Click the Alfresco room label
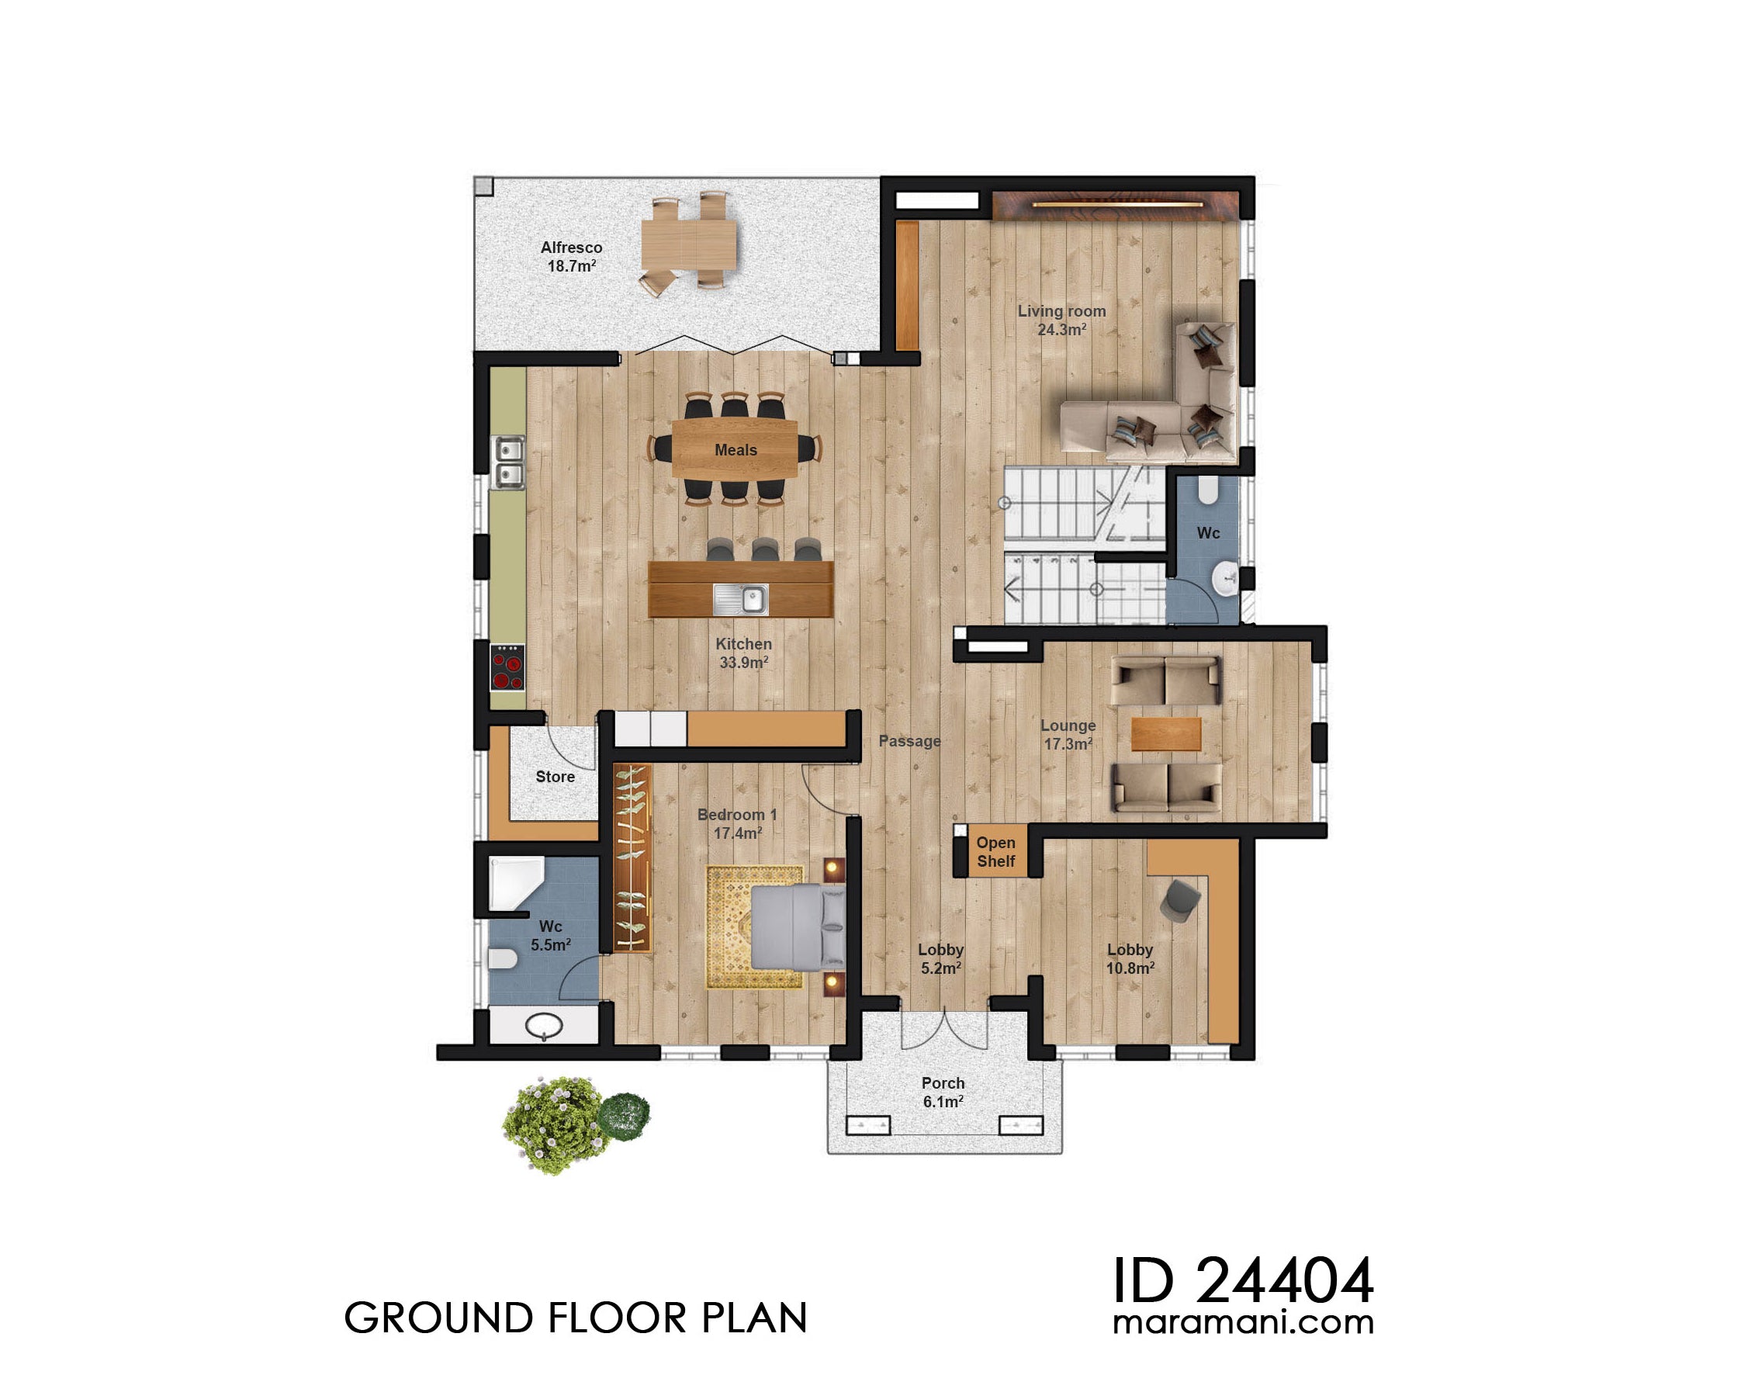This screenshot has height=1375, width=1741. (x=571, y=256)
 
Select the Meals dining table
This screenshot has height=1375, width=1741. (x=735, y=449)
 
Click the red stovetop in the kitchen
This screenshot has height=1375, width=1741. (x=507, y=667)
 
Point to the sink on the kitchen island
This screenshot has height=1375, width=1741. (x=740, y=599)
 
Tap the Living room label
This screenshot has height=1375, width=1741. (x=1061, y=320)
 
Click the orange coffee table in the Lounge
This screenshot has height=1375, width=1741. (x=1165, y=733)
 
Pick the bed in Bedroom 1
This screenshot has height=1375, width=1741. (x=797, y=926)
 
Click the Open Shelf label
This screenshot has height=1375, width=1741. (x=995, y=852)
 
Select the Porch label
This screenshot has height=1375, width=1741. (x=943, y=1092)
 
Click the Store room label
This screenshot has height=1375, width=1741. (x=555, y=776)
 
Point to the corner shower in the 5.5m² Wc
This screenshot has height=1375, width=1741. (x=515, y=882)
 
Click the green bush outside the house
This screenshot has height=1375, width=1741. (x=556, y=1123)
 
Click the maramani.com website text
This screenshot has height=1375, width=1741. (x=1243, y=1323)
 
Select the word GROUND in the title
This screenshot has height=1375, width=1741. (x=438, y=1318)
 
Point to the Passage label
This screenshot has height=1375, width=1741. (x=909, y=740)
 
